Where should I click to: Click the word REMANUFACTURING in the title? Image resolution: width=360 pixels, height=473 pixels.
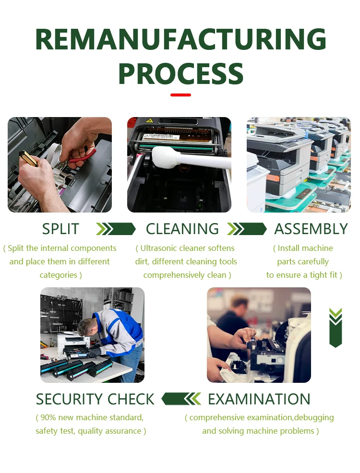[181, 39]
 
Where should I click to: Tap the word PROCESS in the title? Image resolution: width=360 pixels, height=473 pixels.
[181, 73]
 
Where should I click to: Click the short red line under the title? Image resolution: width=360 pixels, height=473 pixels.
[181, 95]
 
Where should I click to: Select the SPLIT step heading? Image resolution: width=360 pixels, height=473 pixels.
[60, 229]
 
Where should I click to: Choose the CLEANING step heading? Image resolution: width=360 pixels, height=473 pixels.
[182, 229]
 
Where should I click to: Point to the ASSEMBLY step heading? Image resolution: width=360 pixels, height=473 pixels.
[311, 229]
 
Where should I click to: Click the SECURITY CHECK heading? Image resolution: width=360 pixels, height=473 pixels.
[95, 399]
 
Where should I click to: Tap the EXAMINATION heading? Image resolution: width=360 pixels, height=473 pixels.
[259, 399]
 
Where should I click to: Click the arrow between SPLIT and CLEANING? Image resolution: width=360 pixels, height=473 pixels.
[116, 229]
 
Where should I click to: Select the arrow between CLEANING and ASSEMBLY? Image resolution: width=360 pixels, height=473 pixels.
[247, 229]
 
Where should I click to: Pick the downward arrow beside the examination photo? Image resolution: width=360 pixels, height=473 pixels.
[336, 328]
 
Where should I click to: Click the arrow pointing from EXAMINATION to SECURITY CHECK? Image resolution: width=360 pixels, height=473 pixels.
[181, 399]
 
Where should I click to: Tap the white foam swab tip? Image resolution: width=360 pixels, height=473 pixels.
[162, 156]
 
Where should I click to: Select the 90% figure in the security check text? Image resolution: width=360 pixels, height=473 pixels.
[48, 417]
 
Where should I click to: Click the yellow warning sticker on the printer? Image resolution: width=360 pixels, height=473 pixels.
[148, 121]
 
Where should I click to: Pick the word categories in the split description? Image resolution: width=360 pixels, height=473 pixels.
[59, 275]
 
